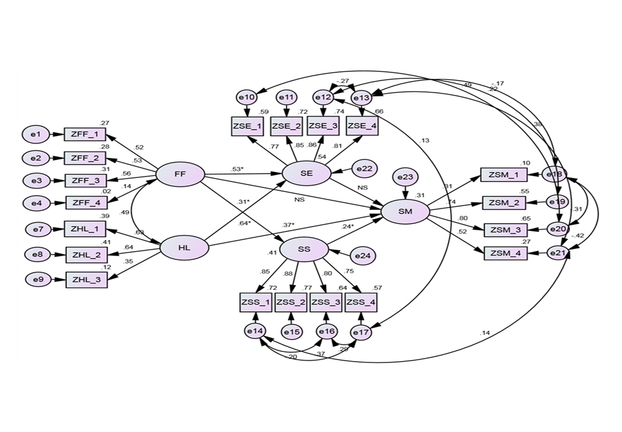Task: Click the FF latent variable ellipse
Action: (180, 174)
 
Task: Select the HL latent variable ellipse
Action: (184, 247)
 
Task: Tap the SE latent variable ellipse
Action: (307, 173)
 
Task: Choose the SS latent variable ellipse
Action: (304, 249)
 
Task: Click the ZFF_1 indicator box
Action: (85, 134)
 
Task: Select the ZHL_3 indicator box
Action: (86, 280)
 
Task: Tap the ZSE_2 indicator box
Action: (287, 126)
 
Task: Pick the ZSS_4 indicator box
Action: (361, 302)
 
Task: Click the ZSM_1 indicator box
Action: (504, 174)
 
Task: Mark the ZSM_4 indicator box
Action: (505, 254)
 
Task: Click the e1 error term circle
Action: (35, 134)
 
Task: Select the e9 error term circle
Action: (38, 280)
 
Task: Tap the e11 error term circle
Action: (286, 97)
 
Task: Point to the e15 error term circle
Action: (291, 332)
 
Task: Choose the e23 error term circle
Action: (405, 177)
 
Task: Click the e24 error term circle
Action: (362, 256)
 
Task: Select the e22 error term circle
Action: (364, 169)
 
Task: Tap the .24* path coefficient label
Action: (347, 226)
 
